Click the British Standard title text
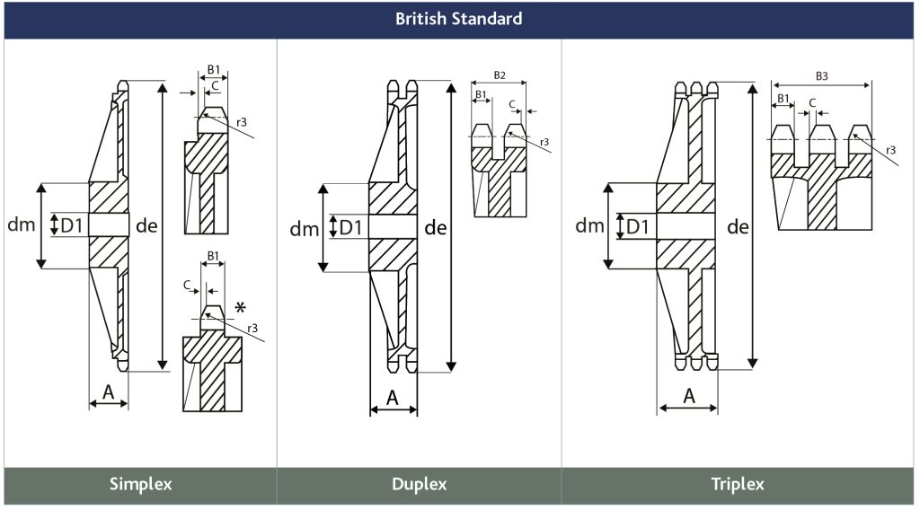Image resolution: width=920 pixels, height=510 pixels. coord(459,19)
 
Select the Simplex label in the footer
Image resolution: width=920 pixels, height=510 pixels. coord(141,484)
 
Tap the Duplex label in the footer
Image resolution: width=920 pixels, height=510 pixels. coord(419,484)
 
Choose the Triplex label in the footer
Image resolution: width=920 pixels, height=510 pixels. coord(738,484)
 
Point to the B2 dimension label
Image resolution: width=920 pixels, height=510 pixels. coord(500,75)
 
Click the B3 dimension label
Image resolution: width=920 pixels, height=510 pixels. coord(821,76)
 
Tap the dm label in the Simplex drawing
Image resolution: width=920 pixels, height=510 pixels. coord(22,224)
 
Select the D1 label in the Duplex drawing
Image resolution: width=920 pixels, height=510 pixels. coord(351,227)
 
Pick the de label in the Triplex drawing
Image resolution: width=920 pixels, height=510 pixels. coord(738,227)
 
